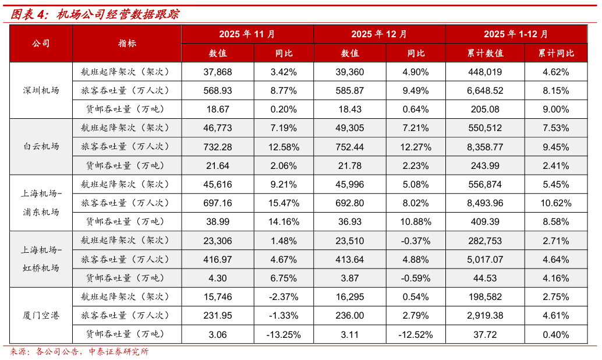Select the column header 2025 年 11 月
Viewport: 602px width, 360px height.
pos(247,34)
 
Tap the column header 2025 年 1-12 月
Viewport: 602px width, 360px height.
pos(515,34)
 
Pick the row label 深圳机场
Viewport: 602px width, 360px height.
pos(41,90)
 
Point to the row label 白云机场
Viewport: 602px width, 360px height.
pos(41,146)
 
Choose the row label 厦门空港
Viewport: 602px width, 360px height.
pos(41,315)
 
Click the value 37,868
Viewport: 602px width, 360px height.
pos(218,72)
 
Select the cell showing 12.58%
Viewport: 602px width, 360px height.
pos(284,147)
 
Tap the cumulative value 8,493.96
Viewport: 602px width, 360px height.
pos(485,203)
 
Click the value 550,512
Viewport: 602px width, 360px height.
pos(485,128)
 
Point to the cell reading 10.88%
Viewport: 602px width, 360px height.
pos(416,222)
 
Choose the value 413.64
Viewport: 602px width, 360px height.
pos(350,259)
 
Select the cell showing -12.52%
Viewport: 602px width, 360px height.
pos(415,334)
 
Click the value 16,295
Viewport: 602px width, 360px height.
pos(350,297)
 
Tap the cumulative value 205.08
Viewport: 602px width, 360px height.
pos(485,109)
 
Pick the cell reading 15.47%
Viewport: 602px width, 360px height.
pos(284,203)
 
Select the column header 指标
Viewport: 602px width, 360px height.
pos(127,44)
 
